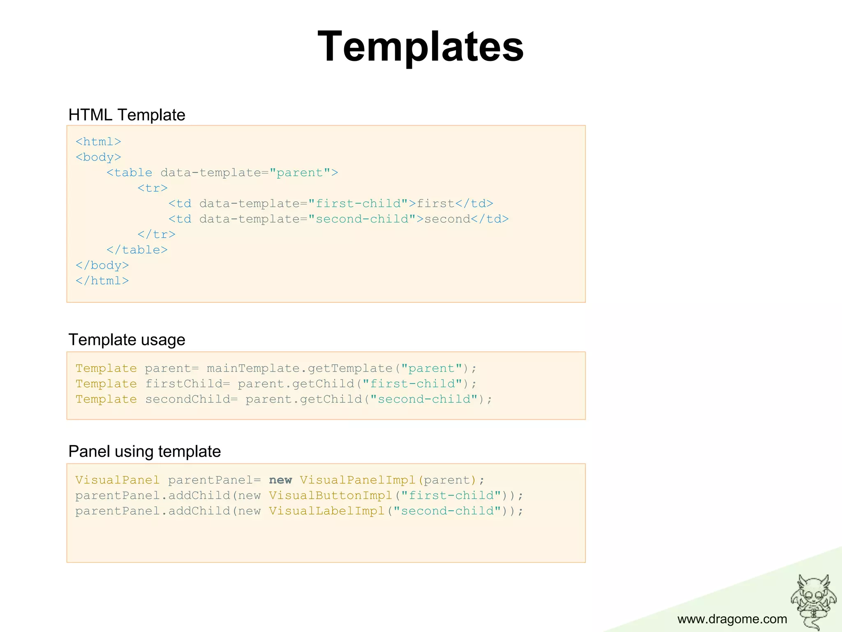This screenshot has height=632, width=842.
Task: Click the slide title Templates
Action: point(421,46)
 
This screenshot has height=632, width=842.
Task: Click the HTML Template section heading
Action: point(127,115)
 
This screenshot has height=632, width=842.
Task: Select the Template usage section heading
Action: point(127,340)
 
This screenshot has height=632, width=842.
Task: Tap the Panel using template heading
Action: point(144,451)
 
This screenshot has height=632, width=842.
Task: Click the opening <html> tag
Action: point(98,142)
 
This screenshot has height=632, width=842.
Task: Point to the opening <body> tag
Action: point(98,157)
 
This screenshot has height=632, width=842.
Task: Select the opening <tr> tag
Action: point(153,188)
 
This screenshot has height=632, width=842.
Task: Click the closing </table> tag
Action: point(137,250)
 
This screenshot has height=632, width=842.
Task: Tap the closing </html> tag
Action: point(102,281)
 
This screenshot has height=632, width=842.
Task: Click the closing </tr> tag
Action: point(156,235)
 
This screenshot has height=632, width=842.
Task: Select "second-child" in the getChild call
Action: point(424,399)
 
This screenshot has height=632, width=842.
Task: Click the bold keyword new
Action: point(280,480)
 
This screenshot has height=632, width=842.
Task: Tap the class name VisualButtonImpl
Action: point(331,495)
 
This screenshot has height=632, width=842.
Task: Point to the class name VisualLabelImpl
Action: point(327,511)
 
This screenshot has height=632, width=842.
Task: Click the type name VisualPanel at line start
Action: point(117,480)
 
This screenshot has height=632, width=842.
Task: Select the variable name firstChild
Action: point(184,384)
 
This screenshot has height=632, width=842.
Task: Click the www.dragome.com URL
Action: point(732,619)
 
